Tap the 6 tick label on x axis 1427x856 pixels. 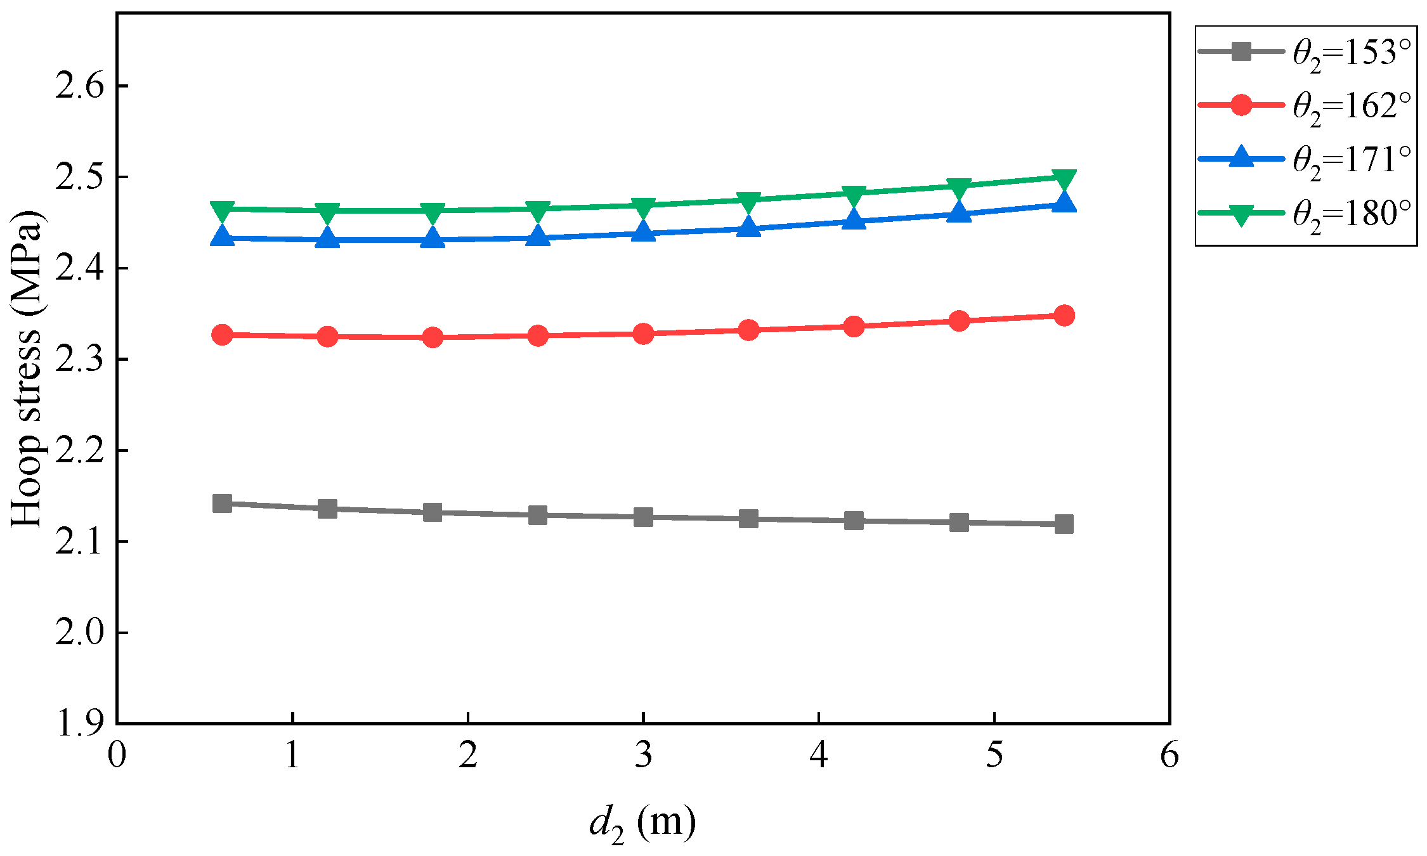[x=1170, y=755]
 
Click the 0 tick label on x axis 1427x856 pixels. [x=117, y=755]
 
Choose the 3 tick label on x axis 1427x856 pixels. [x=643, y=755]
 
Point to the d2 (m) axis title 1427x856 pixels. [x=642, y=824]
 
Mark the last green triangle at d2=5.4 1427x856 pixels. [x=1064, y=178]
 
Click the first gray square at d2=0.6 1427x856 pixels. [x=222, y=503]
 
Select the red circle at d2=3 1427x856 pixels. [x=643, y=334]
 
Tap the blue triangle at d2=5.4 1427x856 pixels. [x=1064, y=203]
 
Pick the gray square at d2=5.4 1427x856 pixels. [x=1064, y=524]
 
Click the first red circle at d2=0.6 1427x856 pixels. [x=222, y=334]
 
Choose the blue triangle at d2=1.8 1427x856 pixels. [x=433, y=238]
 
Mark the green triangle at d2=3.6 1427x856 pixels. [x=748, y=201]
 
